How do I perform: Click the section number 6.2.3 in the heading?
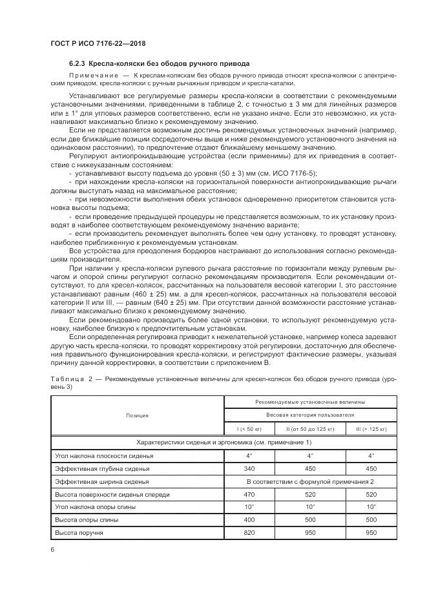click(78, 63)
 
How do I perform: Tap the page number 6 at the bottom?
click(52, 549)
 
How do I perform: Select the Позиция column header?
click(137, 415)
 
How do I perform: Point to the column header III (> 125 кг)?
click(373, 428)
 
